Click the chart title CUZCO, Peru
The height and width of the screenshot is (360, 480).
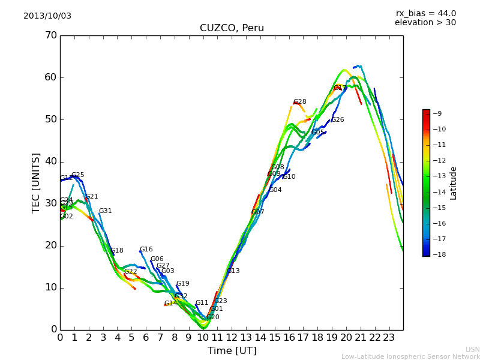(232, 28)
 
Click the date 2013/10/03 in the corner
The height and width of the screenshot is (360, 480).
(47, 16)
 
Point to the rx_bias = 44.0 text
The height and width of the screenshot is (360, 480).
(425, 14)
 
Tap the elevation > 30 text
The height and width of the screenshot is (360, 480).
(425, 23)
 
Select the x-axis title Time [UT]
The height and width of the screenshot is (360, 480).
(232, 351)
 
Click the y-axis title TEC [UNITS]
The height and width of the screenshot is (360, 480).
(36, 182)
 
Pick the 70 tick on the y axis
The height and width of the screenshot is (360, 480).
(50, 35)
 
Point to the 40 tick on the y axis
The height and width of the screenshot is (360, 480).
(50, 161)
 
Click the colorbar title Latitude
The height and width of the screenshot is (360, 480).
(454, 183)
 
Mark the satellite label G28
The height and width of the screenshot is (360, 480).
(299, 102)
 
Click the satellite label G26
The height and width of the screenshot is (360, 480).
(338, 120)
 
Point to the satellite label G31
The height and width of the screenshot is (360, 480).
(106, 211)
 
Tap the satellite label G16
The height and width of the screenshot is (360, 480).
(146, 250)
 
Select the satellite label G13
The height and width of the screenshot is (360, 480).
(233, 271)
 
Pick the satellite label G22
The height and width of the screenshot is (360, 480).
(131, 272)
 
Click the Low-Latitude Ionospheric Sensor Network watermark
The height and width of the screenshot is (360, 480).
(410, 356)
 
